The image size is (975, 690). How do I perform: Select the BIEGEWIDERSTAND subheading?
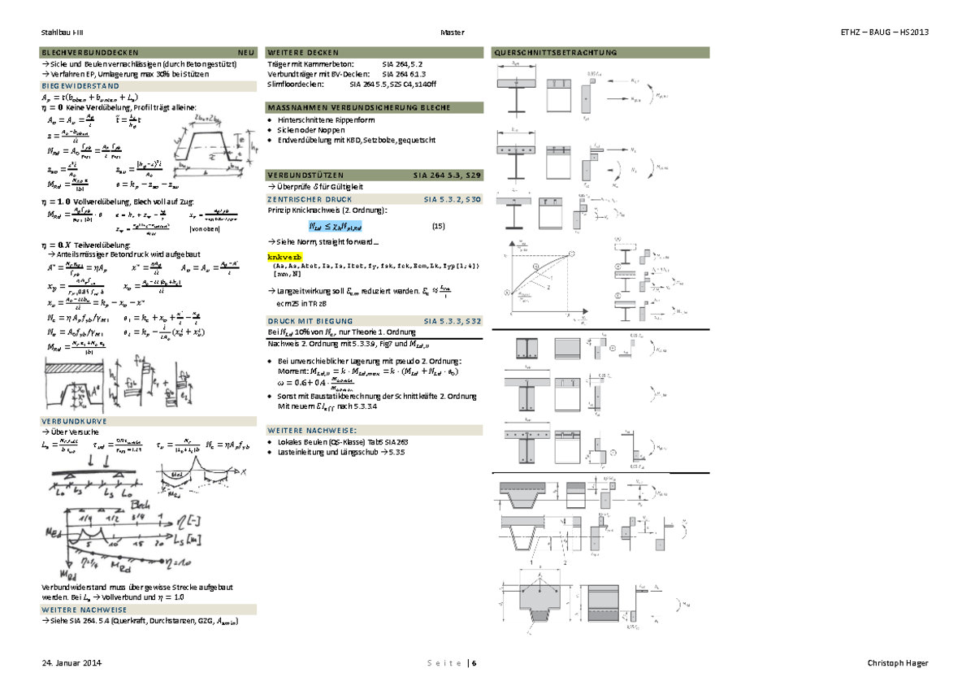pyautogui.click(x=80, y=85)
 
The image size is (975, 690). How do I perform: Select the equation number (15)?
pyautogui.click(x=438, y=225)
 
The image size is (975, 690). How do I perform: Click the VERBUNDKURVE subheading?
pyautogui.click(x=75, y=421)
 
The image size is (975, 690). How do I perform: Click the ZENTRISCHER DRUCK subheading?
pyautogui.click(x=305, y=198)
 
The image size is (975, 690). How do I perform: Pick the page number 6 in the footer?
pyautogui.click(x=474, y=663)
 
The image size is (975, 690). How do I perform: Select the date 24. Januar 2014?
pyautogui.click(x=71, y=663)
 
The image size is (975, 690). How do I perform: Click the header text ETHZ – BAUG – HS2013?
pyautogui.click(x=884, y=32)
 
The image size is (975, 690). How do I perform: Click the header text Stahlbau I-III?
pyautogui.click(x=60, y=32)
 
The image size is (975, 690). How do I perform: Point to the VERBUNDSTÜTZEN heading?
pyautogui.click(x=305, y=175)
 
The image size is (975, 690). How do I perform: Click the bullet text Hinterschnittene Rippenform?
pyautogui.click(x=318, y=120)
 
